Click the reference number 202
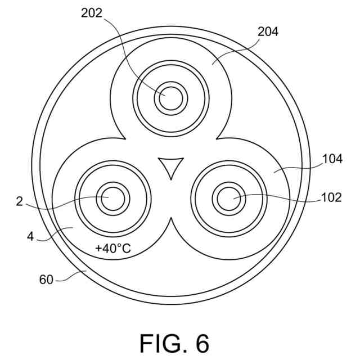coord(92,13)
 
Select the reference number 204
coord(268,31)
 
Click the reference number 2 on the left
coord(20,201)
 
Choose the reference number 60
coord(46,280)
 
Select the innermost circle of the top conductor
coord(170,98)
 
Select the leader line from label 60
coord(70,276)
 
